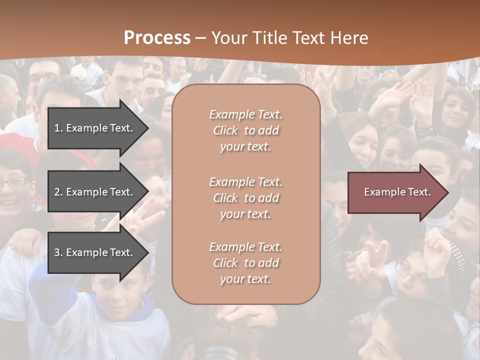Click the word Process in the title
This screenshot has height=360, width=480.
[x=157, y=38]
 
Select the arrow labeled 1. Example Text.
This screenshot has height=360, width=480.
[x=95, y=128]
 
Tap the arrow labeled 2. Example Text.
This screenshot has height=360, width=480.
[x=95, y=192]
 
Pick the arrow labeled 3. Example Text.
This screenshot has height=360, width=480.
[x=95, y=252]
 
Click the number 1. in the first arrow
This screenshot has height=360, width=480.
[x=58, y=128]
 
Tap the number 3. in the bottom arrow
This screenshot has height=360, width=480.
[x=58, y=252]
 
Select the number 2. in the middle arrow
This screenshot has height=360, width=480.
[x=58, y=192]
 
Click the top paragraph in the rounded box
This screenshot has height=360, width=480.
[x=245, y=130]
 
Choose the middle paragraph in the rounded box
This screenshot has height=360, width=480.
[x=245, y=198]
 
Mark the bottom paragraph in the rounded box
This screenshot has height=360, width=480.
[x=245, y=263]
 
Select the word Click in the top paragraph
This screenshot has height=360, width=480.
[x=225, y=130]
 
